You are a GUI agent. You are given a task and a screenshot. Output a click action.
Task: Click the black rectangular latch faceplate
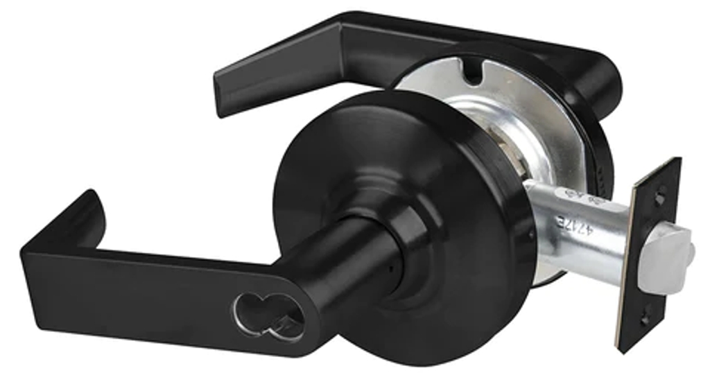(x=648, y=257)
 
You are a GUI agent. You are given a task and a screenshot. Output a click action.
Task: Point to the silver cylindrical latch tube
(x=575, y=229)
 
